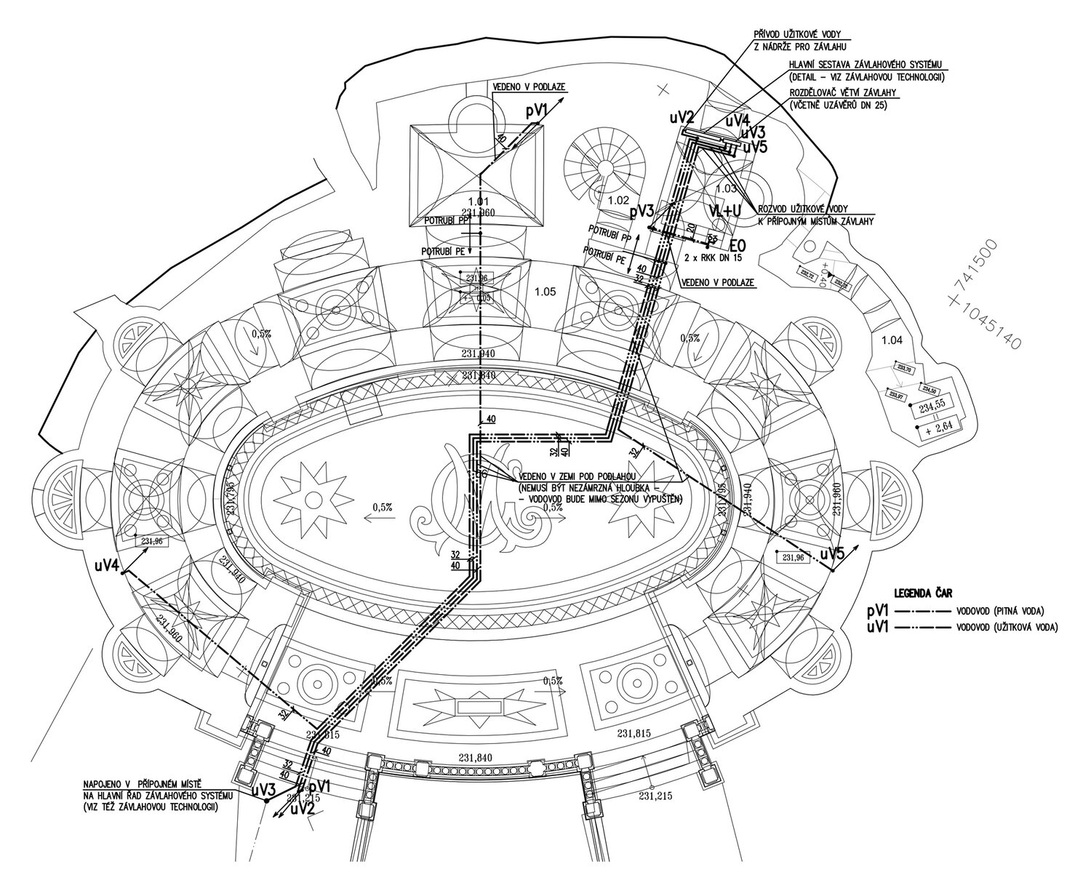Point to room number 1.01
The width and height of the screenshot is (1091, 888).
(x=478, y=201)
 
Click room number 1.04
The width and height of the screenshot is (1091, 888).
(x=891, y=339)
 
